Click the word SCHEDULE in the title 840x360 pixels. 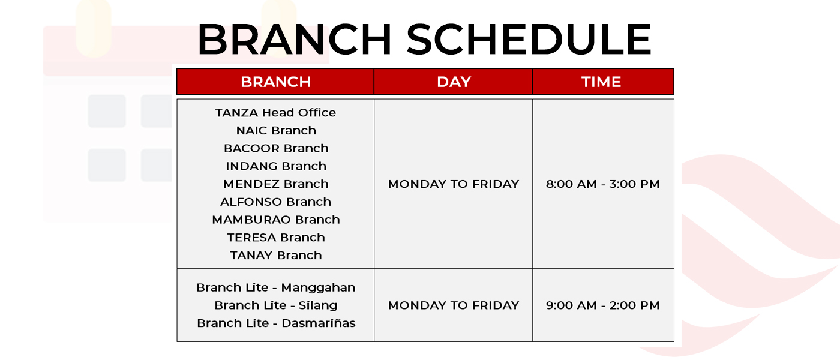tap(529, 40)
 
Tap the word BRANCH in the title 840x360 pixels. tap(295, 40)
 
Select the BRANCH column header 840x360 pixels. tap(275, 82)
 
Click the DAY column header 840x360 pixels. tap(454, 82)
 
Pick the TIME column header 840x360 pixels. tap(601, 82)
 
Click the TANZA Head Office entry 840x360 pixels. tap(275, 113)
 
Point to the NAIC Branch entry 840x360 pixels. tap(276, 131)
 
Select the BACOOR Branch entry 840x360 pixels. tap(276, 148)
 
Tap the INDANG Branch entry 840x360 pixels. tap(276, 166)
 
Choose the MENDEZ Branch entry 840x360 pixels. tap(276, 184)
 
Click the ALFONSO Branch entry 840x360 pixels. tap(275, 202)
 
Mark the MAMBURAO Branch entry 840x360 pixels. tap(276, 220)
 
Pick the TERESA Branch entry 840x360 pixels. tap(276, 238)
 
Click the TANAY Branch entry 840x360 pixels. tap(276, 255)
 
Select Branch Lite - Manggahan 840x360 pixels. tap(276, 287)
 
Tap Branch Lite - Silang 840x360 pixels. tap(276, 305)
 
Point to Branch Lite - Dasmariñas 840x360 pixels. tap(276, 323)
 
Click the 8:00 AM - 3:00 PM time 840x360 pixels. tap(602, 184)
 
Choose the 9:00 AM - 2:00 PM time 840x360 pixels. tap(602, 305)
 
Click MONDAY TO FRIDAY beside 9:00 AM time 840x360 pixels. tap(454, 305)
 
